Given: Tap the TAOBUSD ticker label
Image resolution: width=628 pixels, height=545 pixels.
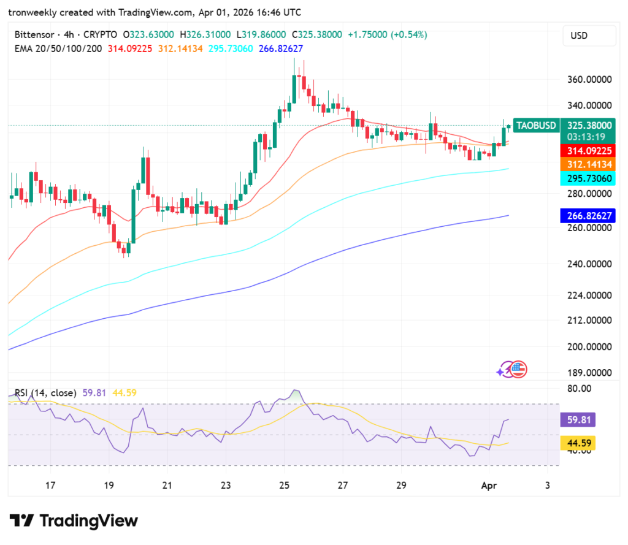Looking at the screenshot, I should pyautogui.click(x=536, y=126).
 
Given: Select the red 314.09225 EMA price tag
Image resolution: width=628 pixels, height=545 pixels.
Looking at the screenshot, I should pyautogui.click(x=588, y=150).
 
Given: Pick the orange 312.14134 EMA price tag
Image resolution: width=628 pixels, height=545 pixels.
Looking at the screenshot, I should pyautogui.click(x=588, y=164).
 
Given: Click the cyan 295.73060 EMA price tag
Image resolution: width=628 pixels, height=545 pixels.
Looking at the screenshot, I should pyautogui.click(x=588, y=178).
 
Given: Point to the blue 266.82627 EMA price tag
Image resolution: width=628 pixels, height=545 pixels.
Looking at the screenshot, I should pyautogui.click(x=588, y=216).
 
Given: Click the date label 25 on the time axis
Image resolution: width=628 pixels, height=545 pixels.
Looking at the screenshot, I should pyautogui.click(x=284, y=486).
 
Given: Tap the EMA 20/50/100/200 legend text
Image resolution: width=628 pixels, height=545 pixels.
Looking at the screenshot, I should pyautogui.click(x=59, y=48).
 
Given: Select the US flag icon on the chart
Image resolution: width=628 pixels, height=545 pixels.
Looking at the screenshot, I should pyautogui.click(x=519, y=369).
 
